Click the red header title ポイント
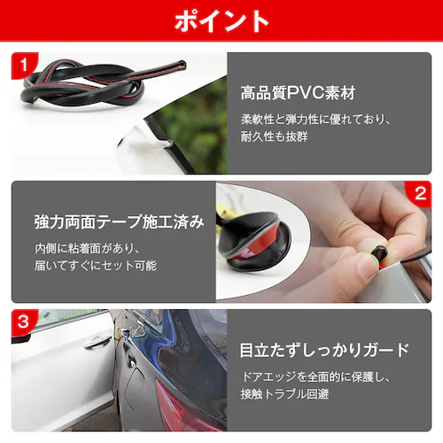[221, 20]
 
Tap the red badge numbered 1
[24, 65]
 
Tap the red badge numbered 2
[419, 194]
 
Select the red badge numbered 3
[24, 322]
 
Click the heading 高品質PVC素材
[298, 93]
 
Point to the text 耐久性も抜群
[274, 136]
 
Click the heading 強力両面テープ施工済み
[119, 221]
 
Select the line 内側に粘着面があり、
[88, 248]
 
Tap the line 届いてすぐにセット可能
[96, 266]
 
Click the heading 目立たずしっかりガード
[324, 350]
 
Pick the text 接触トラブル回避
[284, 394]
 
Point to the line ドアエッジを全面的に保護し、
[316, 377]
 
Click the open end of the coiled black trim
[182, 66]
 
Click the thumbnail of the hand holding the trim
[323, 242]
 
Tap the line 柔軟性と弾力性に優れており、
[316, 120]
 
